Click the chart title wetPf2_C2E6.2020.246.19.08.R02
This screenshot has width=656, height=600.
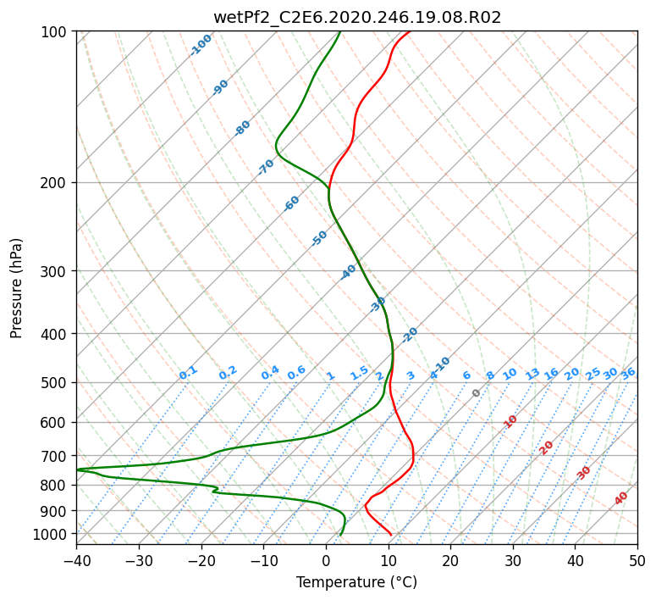click(356, 17)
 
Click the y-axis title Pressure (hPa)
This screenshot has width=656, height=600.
click(17, 288)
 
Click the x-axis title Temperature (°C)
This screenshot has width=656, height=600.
click(356, 582)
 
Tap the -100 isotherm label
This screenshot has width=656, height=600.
click(201, 45)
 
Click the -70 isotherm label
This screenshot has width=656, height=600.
click(266, 167)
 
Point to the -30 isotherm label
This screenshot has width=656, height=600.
click(378, 304)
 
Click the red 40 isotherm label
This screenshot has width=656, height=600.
click(621, 498)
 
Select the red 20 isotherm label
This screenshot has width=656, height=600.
click(547, 447)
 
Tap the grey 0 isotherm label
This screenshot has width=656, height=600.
click(477, 393)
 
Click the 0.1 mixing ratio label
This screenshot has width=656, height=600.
click(188, 372)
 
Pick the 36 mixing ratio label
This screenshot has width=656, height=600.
click(628, 373)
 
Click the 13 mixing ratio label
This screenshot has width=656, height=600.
click(532, 374)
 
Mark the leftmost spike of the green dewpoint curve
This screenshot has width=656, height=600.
click(77, 469)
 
